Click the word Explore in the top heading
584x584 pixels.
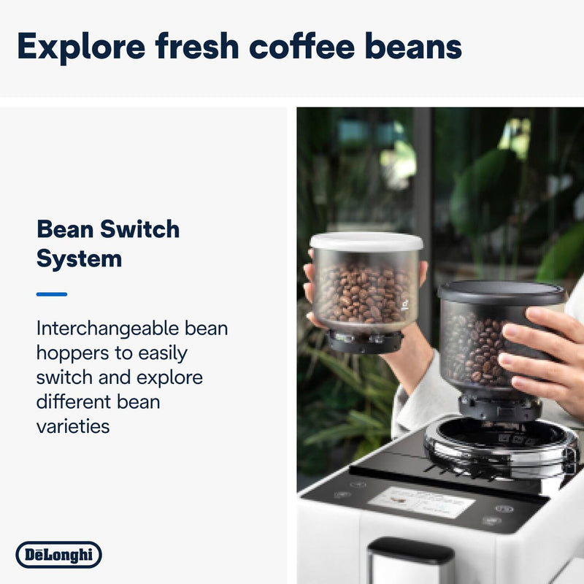(x=80, y=46)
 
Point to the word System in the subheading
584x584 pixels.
(x=79, y=258)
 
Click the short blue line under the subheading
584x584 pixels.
(x=52, y=294)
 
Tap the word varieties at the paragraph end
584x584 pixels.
(x=73, y=426)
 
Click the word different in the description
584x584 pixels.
(x=77, y=401)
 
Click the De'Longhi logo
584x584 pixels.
(x=58, y=555)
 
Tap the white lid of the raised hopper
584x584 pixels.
(x=366, y=242)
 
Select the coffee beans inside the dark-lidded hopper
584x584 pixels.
(x=471, y=347)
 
